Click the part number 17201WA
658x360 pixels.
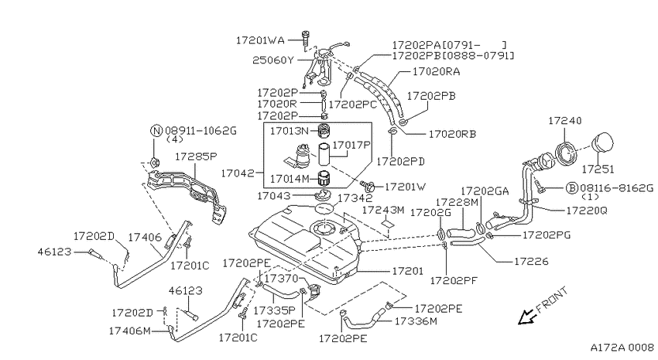click(260, 40)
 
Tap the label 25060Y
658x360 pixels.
click(273, 60)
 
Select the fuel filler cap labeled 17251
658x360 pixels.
click(602, 142)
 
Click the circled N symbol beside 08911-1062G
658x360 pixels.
click(156, 131)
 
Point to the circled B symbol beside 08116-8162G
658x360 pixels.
click(571, 187)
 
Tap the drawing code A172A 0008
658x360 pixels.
click(622, 348)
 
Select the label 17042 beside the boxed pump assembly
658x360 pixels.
click(238, 173)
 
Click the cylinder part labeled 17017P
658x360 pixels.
click(324, 155)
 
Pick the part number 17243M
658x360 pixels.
click(383, 210)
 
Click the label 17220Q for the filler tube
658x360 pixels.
click(587, 211)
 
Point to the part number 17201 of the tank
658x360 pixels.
click(407, 271)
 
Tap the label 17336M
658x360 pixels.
click(416, 321)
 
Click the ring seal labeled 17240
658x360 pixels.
click(566, 153)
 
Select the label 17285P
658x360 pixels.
click(196, 156)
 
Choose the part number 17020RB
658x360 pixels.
click(452, 134)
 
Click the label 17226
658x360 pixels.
click(531, 262)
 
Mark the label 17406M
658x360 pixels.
click(130, 331)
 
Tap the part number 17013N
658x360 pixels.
click(290, 131)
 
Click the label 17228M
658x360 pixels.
click(457, 203)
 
